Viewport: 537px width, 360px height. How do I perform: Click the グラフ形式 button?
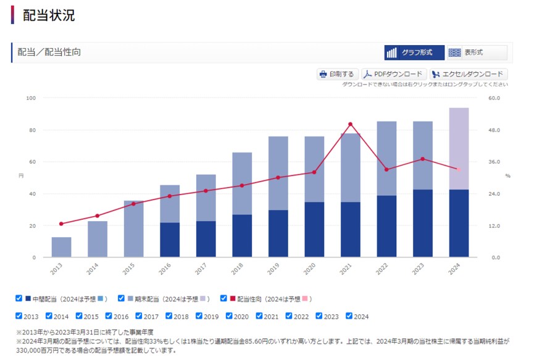click(x=414, y=52)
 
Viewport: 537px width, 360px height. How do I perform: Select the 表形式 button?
click(x=477, y=52)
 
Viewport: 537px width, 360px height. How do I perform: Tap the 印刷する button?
click(x=336, y=74)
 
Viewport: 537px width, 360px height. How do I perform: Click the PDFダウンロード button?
click(x=393, y=74)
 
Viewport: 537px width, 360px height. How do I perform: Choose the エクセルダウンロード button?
click(x=468, y=74)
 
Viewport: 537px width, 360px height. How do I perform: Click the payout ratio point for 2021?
click(x=351, y=124)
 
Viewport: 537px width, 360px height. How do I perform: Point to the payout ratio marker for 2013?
click(x=61, y=224)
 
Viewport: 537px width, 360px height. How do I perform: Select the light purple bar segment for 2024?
click(x=459, y=148)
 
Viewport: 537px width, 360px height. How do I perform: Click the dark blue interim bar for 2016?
click(x=170, y=240)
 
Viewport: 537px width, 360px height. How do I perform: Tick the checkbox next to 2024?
click(x=349, y=316)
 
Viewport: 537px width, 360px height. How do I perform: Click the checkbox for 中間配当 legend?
click(x=19, y=298)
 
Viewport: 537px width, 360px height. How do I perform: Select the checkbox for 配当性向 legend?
click(x=223, y=298)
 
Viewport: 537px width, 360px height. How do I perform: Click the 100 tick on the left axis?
click(x=31, y=98)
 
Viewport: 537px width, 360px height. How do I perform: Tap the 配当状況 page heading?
click(x=49, y=15)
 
